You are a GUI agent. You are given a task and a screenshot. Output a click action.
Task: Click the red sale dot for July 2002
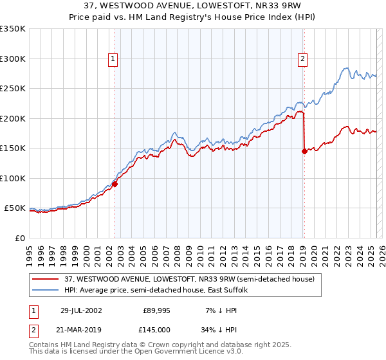click(x=115, y=184)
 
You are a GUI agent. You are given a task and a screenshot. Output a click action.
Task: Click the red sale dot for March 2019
click(x=304, y=152)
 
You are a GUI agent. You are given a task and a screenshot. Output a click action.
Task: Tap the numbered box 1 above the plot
click(x=113, y=59)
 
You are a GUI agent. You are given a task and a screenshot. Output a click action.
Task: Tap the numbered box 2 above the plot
click(x=302, y=59)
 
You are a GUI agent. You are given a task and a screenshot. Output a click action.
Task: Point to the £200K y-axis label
click(x=13, y=118)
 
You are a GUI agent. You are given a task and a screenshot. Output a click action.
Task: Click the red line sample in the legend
click(x=46, y=279)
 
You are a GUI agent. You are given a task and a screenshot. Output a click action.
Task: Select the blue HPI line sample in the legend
click(x=46, y=290)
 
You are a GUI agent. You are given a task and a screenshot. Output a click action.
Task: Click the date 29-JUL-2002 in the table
click(x=81, y=310)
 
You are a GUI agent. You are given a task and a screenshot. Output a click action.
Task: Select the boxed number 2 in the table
click(x=33, y=329)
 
